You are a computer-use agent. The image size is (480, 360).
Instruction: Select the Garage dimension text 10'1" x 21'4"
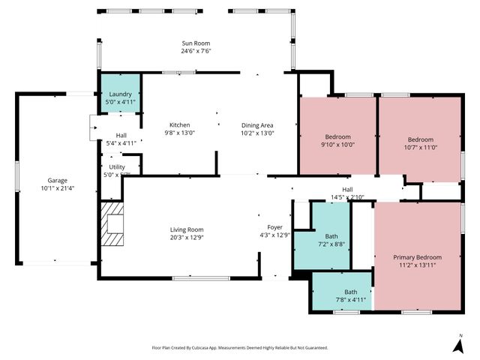coord(58,188)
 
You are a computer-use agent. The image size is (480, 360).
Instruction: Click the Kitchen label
coord(179,124)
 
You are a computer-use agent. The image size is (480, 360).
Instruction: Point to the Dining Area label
coord(256,124)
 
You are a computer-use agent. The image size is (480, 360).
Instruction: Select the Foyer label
coord(275,226)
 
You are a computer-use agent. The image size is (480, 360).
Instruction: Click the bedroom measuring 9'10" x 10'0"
coord(337,140)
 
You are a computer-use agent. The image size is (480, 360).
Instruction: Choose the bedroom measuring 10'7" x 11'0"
coord(421,143)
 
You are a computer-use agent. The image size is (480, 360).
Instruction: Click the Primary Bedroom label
coord(418,257)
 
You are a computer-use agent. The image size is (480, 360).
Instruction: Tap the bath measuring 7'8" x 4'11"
coord(350,295)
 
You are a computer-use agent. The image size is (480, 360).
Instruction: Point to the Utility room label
coord(117,166)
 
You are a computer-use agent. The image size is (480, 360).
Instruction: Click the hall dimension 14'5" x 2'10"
coord(347,197)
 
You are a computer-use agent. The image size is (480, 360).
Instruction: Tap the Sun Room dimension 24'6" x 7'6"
coord(196,52)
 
